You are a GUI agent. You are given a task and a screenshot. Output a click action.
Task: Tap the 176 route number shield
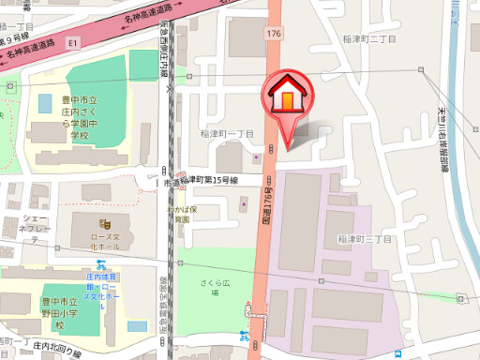point(274,34)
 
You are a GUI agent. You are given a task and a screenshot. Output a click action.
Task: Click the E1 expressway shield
point(74,41)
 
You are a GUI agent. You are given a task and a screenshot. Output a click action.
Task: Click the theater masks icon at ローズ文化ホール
point(106,225)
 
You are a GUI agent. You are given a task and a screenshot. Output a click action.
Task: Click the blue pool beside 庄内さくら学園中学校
point(44,101)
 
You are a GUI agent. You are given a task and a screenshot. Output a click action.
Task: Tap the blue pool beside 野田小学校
point(137,326)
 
